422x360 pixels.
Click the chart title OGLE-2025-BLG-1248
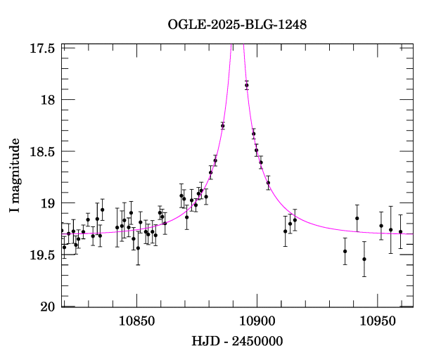click(x=237, y=25)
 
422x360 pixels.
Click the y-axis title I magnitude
click(x=15, y=176)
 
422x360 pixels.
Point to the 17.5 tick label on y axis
click(x=44, y=48)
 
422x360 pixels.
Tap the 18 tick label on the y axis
click(x=49, y=100)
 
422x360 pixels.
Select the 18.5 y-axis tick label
click(x=44, y=151)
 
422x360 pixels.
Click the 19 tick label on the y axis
click(x=49, y=203)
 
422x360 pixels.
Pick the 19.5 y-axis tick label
click(x=44, y=255)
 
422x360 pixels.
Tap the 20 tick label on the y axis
click(x=49, y=307)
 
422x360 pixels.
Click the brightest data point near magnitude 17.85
click(x=247, y=85)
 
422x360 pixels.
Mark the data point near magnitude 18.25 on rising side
click(x=222, y=126)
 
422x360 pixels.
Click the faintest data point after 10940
click(x=364, y=259)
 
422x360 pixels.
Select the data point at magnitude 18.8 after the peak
click(x=268, y=183)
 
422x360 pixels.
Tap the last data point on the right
click(x=400, y=231)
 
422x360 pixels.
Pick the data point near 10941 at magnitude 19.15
click(x=357, y=218)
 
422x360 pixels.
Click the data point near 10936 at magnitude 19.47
click(x=345, y=251)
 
